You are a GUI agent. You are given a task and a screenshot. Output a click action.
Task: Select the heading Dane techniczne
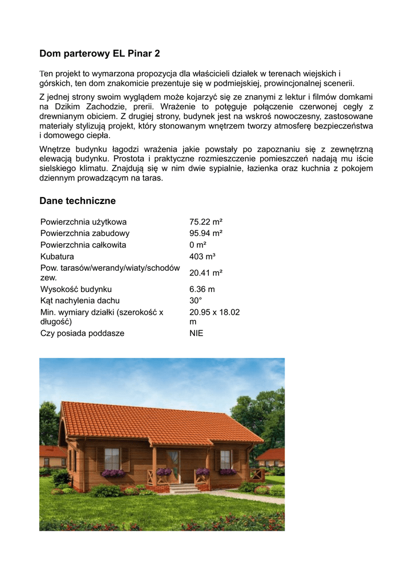click(x=78, y=201)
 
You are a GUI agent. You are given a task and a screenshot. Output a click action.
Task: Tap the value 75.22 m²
click(x=205, y=222)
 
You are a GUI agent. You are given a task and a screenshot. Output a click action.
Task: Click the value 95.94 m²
click(x=205, y=233)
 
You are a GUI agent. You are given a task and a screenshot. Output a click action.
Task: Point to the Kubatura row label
click(x=57, y=257)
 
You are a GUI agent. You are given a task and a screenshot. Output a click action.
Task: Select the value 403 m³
click(x=202, y=257)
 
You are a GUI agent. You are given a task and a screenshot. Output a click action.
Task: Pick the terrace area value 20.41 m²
click(x=205, y=273)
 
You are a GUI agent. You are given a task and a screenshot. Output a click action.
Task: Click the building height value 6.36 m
click(x=202, y=289)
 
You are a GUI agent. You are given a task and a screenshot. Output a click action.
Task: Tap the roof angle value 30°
click(x=196, y=300)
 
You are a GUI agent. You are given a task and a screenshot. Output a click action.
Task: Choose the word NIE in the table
click(x=196, y=333)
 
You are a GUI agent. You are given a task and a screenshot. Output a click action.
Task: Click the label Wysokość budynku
click(x=76, y=289)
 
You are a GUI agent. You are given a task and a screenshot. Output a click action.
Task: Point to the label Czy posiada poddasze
click(x=82, y=333)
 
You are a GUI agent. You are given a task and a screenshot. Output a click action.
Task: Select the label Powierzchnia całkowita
click(x=83, y=245)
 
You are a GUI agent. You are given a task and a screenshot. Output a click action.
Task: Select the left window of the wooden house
click(x=112, y=458)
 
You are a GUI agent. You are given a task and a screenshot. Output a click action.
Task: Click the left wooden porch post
click(x=154, y=466)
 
